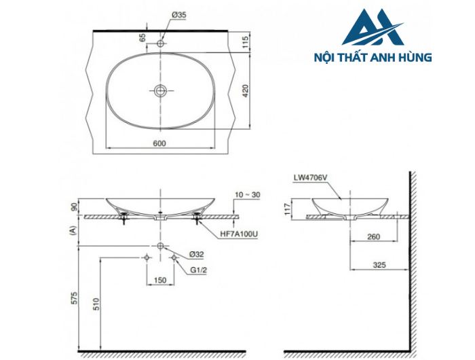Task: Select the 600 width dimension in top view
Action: [x=160, y=143]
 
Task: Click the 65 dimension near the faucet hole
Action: [x=143, y=37]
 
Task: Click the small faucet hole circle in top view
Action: [x=161, y=44]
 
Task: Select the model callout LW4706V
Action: [x=311, y=178]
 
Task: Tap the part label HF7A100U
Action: [x=238, y=234]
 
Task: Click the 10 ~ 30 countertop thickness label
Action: [x=248, y=196]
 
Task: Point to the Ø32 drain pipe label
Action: [x=196, y=253]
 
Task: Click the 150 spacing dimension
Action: [x=159, y=279]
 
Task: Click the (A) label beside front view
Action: [x=73, y=231]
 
